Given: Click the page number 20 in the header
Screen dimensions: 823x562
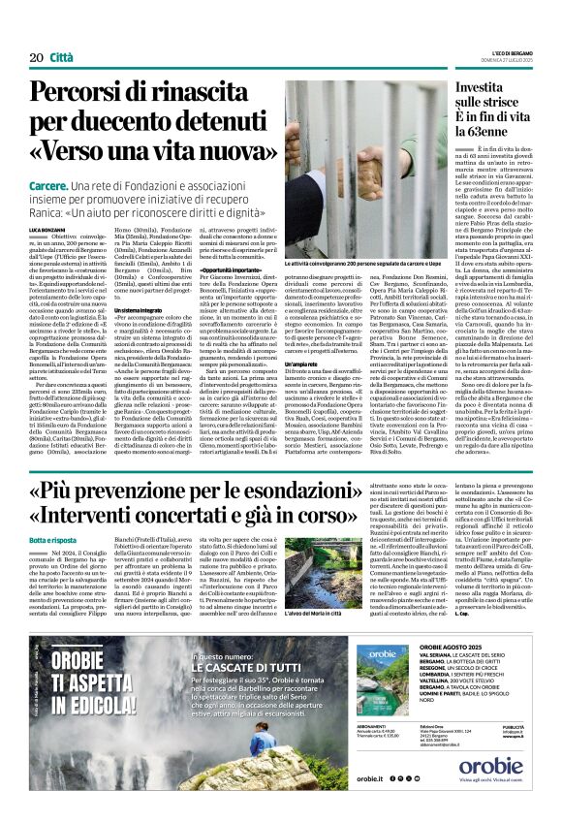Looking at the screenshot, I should coord(36,58).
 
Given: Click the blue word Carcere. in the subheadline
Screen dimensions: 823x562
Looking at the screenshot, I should coord(48,183).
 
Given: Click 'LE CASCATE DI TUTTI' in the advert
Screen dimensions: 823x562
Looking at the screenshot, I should coord(256,666).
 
